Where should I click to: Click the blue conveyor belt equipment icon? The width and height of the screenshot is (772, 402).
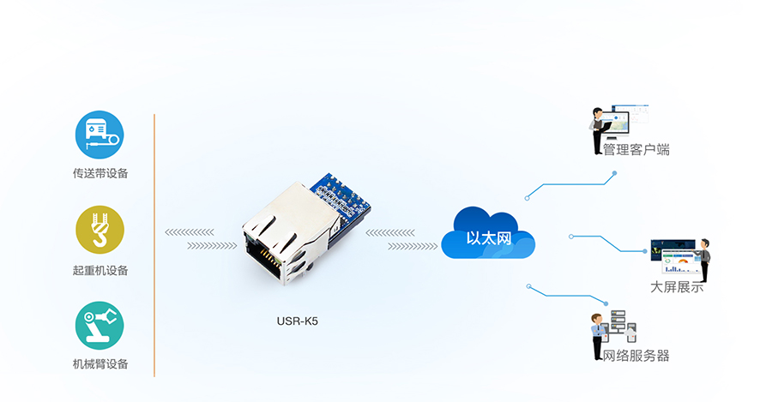pyautogui.click(x=100, y=135)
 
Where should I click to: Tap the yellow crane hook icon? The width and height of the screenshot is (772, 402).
pyautogui.click(x=100, y=230)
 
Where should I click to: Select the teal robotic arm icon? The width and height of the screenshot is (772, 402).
pyautogui.click(x=100, y=325)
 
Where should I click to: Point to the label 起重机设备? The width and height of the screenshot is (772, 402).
pyautogui.click(x=100, y=270)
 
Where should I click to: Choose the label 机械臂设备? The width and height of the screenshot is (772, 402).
pyautogui.click(x=100, y=364)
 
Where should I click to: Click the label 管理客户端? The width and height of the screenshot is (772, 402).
pyautogui.click(x=636, y=150)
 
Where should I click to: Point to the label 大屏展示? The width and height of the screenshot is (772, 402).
pyautogui.click(x=677, y=287)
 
